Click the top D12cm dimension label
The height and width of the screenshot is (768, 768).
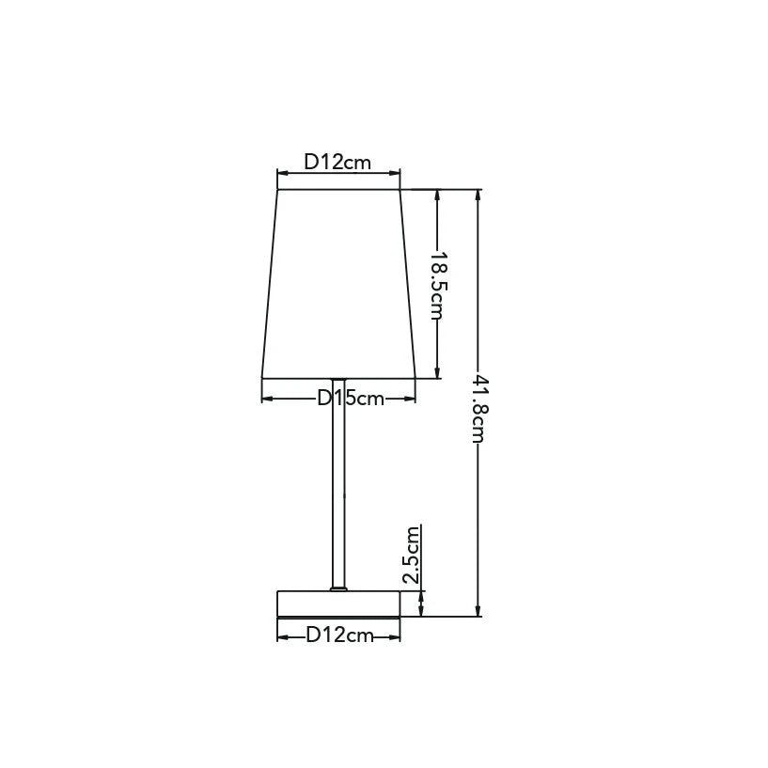pyautogui.click(x=337, y=162)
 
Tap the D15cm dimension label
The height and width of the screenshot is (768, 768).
pyautogui.click(x=351, y=399)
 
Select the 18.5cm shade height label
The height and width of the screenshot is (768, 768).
pyautogui.click(x=436, y=286)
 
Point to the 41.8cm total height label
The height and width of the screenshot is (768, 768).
pyautogui.click(x=478, y=409)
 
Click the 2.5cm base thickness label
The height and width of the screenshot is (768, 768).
pyautogui.click(x=412, y=555)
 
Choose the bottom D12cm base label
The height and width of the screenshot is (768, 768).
pyautogui.click(x=339, y=635)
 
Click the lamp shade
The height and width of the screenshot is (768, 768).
pyautogui.click(x=338, y=284)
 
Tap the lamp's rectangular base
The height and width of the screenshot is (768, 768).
pyautogui.click(x=338, y=603)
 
